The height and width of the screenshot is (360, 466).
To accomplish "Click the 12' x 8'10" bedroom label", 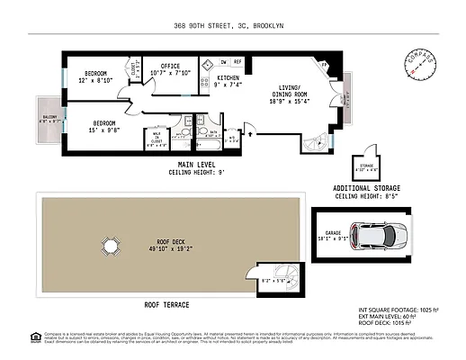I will coord(96,76).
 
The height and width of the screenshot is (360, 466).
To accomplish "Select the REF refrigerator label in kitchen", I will coord(237,62).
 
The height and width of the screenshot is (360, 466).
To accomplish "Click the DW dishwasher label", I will coord(222,62).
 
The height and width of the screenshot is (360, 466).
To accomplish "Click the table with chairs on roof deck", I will coord(110,246).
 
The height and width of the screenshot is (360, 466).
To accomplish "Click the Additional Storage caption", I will coord(366,189).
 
